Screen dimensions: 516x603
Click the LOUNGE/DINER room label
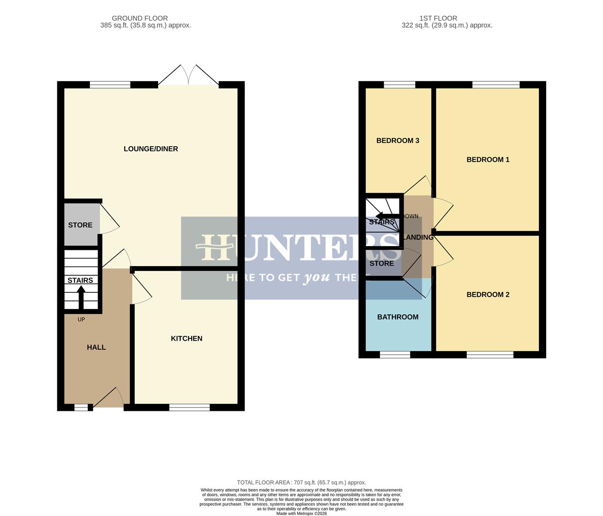point(151,149)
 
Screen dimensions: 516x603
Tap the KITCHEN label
point(186,338)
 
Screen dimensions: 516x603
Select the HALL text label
point(96,347)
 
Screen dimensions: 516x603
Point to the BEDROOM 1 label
point(488,160)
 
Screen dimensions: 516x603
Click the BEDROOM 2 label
point(488,294)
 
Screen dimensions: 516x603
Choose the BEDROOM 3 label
point(398,140)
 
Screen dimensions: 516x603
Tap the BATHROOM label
point(398,317)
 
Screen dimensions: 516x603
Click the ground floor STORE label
point(80,225)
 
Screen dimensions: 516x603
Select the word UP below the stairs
point(81,319)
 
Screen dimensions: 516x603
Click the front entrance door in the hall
point(109,399)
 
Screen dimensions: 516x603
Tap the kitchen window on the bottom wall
point(189,407)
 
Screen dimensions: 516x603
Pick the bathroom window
point(395,355)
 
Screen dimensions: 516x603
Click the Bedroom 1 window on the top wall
point(496,85)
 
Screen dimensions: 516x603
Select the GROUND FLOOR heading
point(140,18)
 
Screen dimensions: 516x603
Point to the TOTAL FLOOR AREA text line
point(301,483)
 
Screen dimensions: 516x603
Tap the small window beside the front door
point(81,407)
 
